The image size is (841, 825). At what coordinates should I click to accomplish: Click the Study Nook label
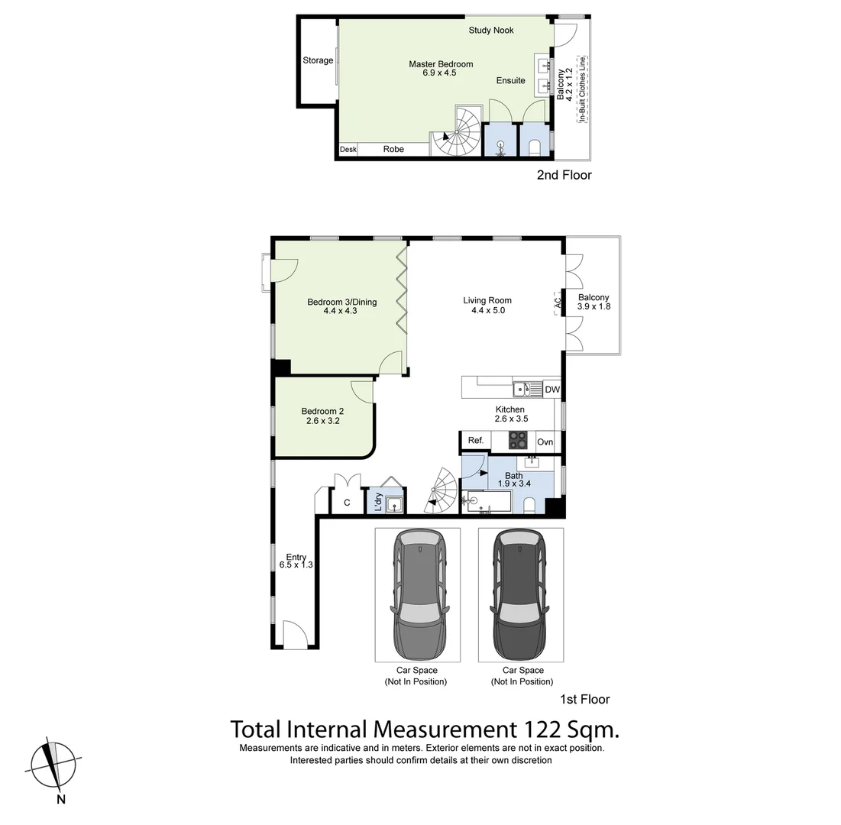click(491, 31)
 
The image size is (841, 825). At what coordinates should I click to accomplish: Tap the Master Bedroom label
click(441, 65)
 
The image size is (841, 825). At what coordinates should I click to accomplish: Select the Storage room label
click(318, 60)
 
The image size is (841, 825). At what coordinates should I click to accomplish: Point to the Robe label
click(393, 150)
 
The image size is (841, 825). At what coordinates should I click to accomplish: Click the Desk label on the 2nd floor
click(348, 150)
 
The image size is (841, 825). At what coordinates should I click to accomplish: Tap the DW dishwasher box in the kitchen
click(552, 390)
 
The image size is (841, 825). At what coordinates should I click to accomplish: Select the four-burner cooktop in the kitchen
click(519, 441)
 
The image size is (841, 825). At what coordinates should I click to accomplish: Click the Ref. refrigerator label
click(476, 441)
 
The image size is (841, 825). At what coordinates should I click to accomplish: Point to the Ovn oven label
click(545, 442)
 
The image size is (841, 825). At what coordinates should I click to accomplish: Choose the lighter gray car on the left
click(417, 596)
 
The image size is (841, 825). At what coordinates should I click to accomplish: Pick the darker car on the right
click(521, 596)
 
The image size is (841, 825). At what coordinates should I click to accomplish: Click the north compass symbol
click(53, 764)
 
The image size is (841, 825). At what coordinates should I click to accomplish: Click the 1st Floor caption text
click(585, 699)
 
